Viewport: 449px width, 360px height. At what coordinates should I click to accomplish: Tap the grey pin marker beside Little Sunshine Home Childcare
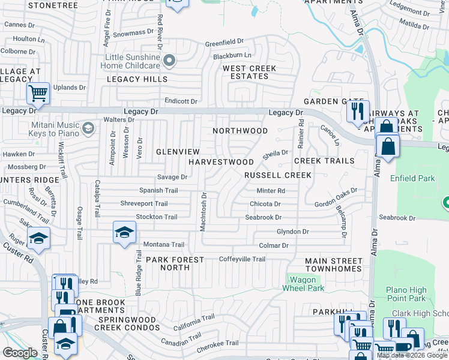170,60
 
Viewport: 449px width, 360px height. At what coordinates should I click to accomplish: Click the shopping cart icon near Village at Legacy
37,93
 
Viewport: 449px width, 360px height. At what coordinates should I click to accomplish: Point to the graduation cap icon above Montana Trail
124,232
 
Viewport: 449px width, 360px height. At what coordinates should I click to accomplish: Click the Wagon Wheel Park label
307,284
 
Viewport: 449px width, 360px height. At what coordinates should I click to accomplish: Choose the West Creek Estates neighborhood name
250,72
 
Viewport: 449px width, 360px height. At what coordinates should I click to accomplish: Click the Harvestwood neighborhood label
221,162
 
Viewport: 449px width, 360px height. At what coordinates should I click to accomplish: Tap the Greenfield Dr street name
224,43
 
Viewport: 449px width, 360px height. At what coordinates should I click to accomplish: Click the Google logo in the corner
20,353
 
